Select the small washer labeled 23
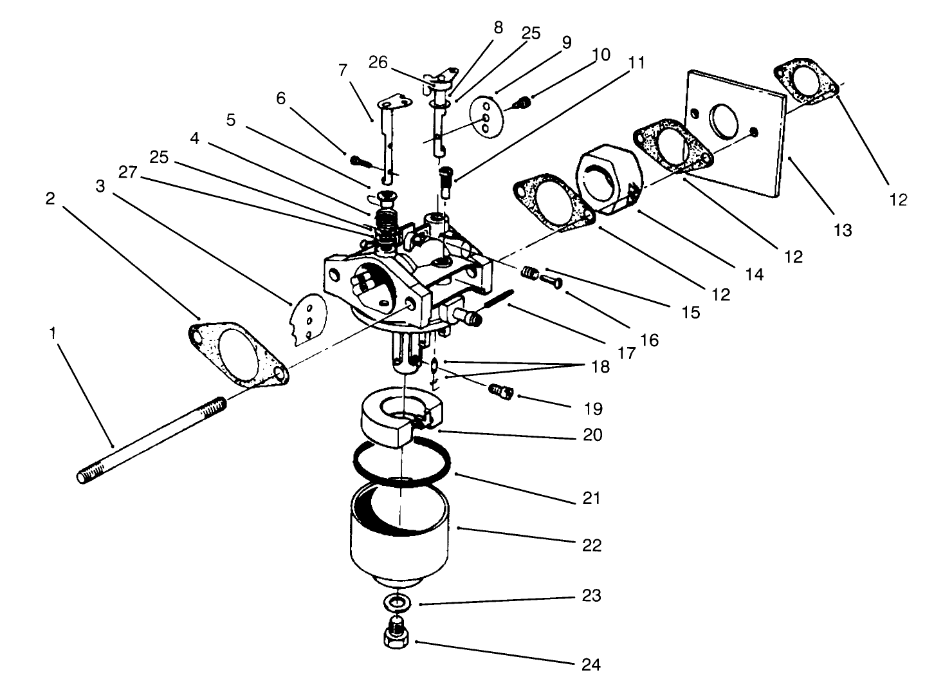pyautogui.click(x=398, y=604)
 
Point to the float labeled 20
pyautogui.click(x=392, y=422)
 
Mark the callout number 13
pyautogui.click(x=842, y=230)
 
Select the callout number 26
pyautogui.click(x=378, y=62)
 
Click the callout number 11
pyautogui.click(x=637, y=62)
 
